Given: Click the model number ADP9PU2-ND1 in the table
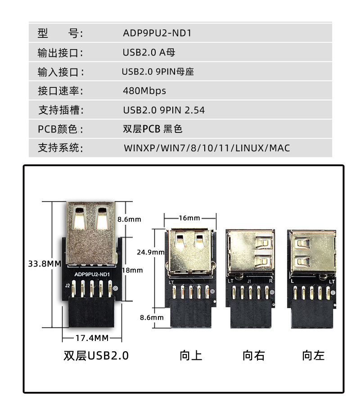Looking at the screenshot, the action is tap(157, 33).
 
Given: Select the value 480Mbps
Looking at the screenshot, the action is tap(144, 91).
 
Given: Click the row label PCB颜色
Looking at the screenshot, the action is tap(60, 130).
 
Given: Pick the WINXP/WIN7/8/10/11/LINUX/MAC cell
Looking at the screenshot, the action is tap(207, 148).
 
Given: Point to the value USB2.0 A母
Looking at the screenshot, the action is tap(149, 53).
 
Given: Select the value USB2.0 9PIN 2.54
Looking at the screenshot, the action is tap(164, 110).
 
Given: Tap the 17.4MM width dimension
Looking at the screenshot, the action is tap(92, 338).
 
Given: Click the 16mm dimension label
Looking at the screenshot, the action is tap(189, 218).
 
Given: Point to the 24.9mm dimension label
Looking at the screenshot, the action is tap(151, 252).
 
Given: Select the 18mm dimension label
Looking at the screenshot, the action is tap(132, 270).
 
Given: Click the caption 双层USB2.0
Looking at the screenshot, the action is tap(96, 356).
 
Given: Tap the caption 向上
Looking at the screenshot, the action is tap(191, 356).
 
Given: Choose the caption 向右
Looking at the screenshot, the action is tap(254, 356).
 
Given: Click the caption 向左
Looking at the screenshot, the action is tap(313, 356).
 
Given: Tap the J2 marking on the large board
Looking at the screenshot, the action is tap(67, 285).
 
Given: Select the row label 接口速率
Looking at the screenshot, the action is tap(60, 91).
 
